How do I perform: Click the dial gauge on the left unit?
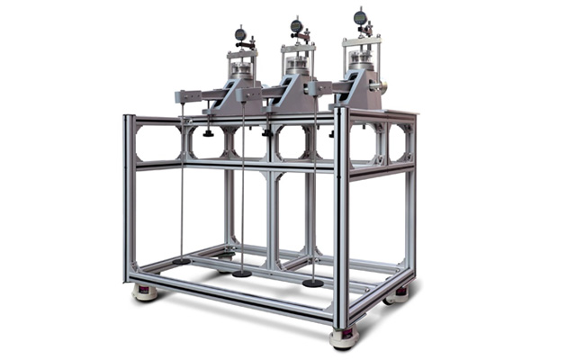pos(240,35)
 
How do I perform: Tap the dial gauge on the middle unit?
pos(297,27)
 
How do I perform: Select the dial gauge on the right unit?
pos(360,17)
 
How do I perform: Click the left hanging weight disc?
pos(182,261)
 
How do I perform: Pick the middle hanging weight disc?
pos(242,273)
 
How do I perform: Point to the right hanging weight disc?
pos(312,283)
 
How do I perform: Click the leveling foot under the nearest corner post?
pos(343,338)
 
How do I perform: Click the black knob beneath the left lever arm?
pos(208,133)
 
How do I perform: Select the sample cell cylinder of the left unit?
pos(240,69)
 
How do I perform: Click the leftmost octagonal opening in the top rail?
pos(158,142)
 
